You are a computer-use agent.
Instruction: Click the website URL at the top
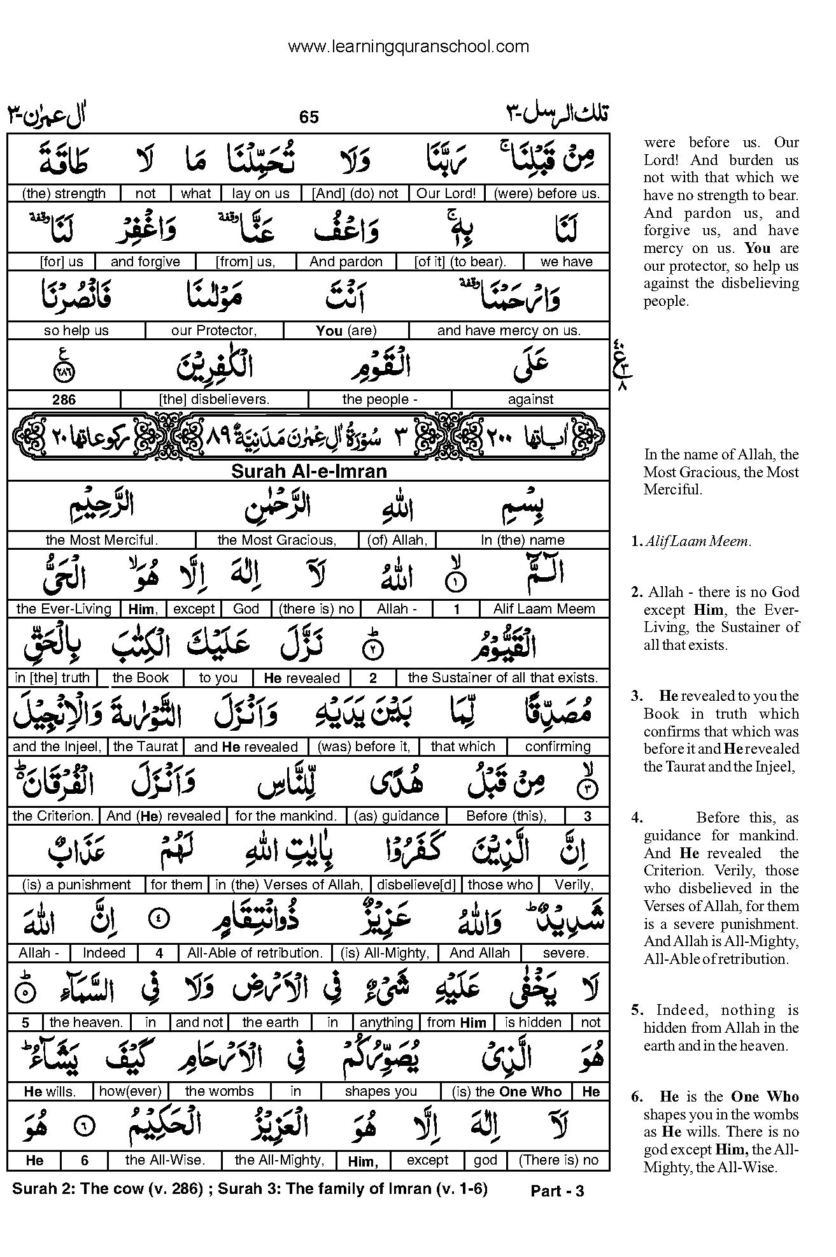[408, 47]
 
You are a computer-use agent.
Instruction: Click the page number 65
[309, 117]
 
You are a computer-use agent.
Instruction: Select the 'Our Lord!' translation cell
[446, 193]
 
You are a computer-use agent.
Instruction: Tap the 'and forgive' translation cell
[145, 262]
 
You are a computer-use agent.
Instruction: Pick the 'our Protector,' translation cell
[214, 331]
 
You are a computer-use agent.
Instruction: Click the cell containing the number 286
[64, 399]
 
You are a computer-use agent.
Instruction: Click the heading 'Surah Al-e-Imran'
[309, 471]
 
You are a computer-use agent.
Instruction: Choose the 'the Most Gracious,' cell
[276, 540]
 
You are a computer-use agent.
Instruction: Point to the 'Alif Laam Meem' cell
[544, 609]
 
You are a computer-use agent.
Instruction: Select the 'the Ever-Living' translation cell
[64, 609]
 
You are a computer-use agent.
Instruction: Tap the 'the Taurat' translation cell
[146, 747]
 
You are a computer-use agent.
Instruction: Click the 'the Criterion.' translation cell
[53, 816]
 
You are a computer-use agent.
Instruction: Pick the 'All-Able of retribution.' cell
[255, 953]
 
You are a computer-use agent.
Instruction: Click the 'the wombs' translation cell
[219, 1091]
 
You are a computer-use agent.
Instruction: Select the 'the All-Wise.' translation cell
[165, 1160]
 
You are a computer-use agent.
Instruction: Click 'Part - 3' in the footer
[557, 1191]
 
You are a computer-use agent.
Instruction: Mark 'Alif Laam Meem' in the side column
[697, 542]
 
